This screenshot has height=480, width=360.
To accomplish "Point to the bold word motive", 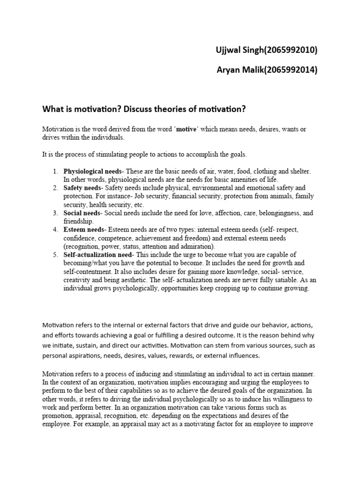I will pyautogui.click(x=176, y=129).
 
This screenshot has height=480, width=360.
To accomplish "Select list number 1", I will pyautogui.click(x=55, y=172).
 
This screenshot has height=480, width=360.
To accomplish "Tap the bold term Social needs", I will pyautogui.click(x=82, y=213).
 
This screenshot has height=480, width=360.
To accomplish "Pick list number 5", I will pyautogui.click(x=55, y=255).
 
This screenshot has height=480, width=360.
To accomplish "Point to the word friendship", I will pyautogui.click(x=79, y=221).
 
